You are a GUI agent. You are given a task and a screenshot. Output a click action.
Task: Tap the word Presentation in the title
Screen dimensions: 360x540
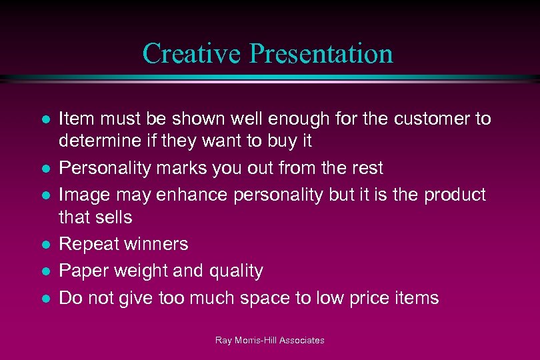coord(321,53)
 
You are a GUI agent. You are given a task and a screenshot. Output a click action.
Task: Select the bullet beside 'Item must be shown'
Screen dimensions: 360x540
coord(45,120)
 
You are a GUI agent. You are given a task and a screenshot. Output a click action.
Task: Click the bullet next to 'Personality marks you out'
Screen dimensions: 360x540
coord(45,169)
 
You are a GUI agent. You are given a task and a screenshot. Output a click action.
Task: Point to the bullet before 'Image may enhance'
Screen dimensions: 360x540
coord(45,195)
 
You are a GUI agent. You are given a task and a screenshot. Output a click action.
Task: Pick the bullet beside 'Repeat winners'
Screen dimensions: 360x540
coord(45,245)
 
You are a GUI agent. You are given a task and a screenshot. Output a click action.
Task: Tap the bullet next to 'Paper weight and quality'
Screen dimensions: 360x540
coord(45,271)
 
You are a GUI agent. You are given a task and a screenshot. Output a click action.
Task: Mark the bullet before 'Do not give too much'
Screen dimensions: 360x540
coord(45,298)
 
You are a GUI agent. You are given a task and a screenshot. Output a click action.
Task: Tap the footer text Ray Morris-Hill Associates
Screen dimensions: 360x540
coord(269,341)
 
